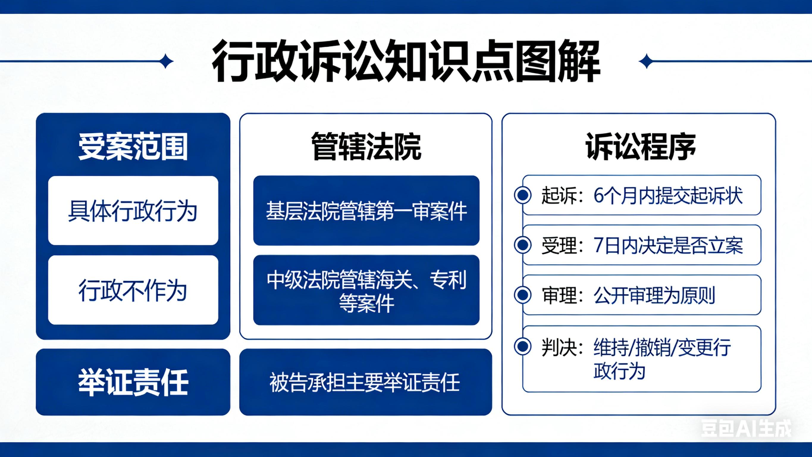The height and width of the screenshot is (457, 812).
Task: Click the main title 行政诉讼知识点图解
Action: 406,61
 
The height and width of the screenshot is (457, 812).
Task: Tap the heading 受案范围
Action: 133,147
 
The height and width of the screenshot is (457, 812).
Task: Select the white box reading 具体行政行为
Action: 133,210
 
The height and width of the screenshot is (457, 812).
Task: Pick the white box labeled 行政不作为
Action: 133,290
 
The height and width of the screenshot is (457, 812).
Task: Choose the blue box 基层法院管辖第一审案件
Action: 366,210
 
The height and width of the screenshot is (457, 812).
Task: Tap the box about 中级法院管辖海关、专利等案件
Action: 366,290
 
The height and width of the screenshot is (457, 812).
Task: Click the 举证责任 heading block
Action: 133,382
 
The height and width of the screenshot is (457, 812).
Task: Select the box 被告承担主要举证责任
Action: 366,382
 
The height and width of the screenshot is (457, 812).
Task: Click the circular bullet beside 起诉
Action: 523,195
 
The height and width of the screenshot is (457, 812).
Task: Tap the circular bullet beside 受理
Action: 523,245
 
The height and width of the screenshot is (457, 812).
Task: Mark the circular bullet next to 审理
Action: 523,295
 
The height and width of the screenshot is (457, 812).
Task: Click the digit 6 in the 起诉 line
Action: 599,196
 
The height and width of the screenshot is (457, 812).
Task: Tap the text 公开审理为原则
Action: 654,295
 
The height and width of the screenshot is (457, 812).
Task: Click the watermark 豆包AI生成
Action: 746,428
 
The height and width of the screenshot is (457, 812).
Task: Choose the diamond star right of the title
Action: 647,61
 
